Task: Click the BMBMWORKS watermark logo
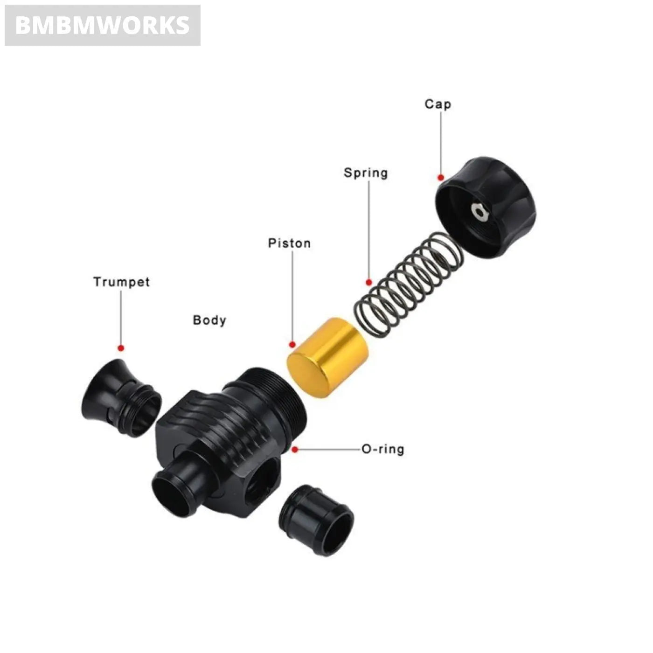(103, 25)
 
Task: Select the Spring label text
(366, 173)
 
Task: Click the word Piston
(289, 243)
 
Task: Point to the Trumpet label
(121, 282)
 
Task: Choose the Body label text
(209, 320)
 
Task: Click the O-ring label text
(383, 449)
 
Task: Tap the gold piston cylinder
(327, 357)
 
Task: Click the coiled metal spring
(408, 285)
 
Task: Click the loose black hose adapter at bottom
(317, 520)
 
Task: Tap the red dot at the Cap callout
(440, 177)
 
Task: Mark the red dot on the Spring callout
(368, 282)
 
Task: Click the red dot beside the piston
(292, 345)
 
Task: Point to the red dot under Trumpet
(121, 348)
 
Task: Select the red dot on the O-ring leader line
(295, 450)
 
